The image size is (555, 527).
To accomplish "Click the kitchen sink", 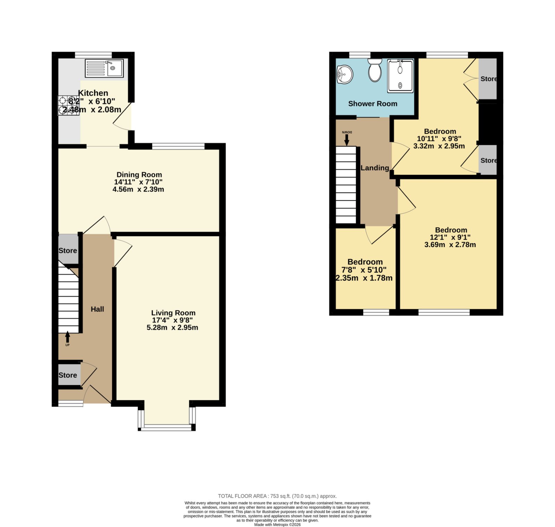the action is pyautogui.click(x=104, y=68).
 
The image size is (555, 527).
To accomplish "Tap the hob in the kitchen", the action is pyautogui.click(x=69, y=105).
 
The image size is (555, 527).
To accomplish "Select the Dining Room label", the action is pyautogui.click(x=139, y=175).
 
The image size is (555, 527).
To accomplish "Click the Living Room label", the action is pyautogui.click(x=173, y=313).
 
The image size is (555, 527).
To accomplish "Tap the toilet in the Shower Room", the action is pyautogui.click(x=375, y=70).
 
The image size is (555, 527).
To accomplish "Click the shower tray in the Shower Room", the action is pyautogui.click(x=400, y=76).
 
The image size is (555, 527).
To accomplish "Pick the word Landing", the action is pyautogui.click(x=375, y=168).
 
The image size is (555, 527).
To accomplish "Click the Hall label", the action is pyautogui.click(x=97, y=309).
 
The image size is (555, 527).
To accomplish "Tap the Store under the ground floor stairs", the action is pyautogui.click(x=68, y=250).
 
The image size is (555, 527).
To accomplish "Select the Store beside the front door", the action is pyautogui.click(x=68, y=375).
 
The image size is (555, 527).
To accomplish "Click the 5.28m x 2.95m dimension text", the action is pyautogui.click(x=172, y=327).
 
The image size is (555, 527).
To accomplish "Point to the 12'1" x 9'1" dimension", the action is pyautogui.click(x=450, y=237).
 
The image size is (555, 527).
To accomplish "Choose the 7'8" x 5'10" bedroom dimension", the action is pyautogui.click(x=364, y=270).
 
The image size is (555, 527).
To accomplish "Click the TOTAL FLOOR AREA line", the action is pyautogui.click(x=277, y=496).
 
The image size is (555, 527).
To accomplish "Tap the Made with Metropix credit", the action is pyautogui.click(x=277, y=525).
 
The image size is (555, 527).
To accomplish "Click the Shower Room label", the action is pyautogui.click(x=373, y=104).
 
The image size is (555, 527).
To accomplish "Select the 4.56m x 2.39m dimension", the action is pyautogui.click(x=138, y=189).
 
